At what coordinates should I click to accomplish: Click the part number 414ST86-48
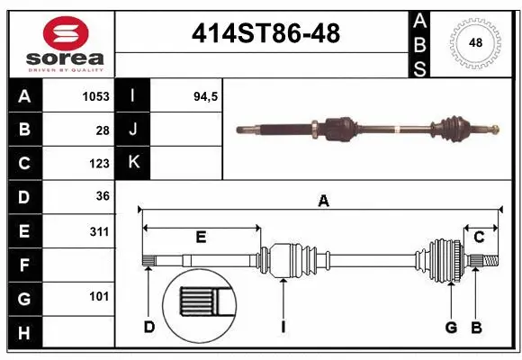(x=265, y=33)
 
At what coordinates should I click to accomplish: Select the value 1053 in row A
(x=94, y=96)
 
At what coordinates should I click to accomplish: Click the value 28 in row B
(x=103, y=130)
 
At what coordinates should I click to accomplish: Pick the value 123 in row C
(x=99, y=163)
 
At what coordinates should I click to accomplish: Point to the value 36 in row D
(x=102, y=196)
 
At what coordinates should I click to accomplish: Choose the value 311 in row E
(x=99, y=231)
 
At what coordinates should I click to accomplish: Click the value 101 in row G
(x=99, y=296)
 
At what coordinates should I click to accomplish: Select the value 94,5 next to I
(x=206, y=96)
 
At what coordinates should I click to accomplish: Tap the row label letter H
(x=23, y=333)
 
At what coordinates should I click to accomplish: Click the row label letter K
(x=132, y=162)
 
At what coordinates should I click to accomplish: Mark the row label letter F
(x=23, y=265)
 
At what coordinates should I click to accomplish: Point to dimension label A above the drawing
(x=323, y=202)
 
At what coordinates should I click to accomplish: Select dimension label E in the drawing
(x=201, y=237)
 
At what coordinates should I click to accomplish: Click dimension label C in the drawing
(x=479, y=237)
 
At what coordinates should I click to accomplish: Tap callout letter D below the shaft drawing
(x=149, y=327)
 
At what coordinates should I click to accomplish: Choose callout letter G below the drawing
(x=451, y=327)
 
